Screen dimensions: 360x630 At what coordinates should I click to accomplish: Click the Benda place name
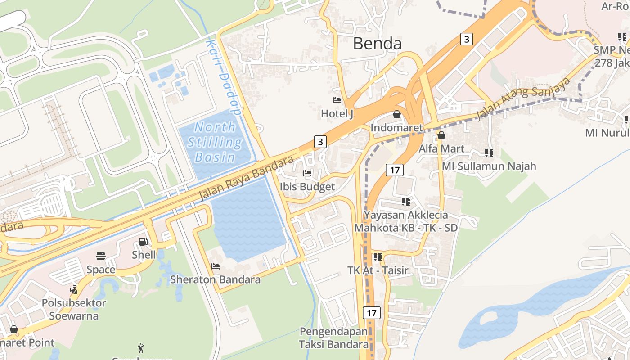click(x=377, y=44)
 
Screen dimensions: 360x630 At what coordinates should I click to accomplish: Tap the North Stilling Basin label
click(x=215, y=142)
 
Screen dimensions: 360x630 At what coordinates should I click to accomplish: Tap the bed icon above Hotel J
click(x=337, y=100)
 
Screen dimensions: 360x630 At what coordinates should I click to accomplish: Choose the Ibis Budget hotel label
click(x=307, y=187)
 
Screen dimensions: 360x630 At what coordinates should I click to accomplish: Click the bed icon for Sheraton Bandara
click(x=216, y=266)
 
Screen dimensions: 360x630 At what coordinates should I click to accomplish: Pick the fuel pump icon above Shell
click(x=144, y=242)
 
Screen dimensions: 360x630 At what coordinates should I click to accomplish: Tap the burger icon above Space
click(x=101, y=256)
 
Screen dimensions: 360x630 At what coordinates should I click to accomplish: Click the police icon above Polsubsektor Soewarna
click(x=74, y=289)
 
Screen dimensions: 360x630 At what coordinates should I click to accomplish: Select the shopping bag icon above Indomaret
click(x=397, y=114)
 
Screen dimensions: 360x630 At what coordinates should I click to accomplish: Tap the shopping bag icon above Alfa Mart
click(x=441, y=135)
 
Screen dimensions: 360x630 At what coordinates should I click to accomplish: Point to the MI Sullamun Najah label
click(x=489, y=166)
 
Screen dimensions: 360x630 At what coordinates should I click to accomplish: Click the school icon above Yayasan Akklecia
click(x=406, y=201)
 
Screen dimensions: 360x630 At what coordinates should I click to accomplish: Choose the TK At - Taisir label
click(x=378, y=270)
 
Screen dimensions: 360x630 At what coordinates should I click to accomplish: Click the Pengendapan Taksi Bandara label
click(x=334, y=338)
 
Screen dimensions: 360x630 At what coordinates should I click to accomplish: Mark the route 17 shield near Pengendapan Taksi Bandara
click(x=371, y=313)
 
